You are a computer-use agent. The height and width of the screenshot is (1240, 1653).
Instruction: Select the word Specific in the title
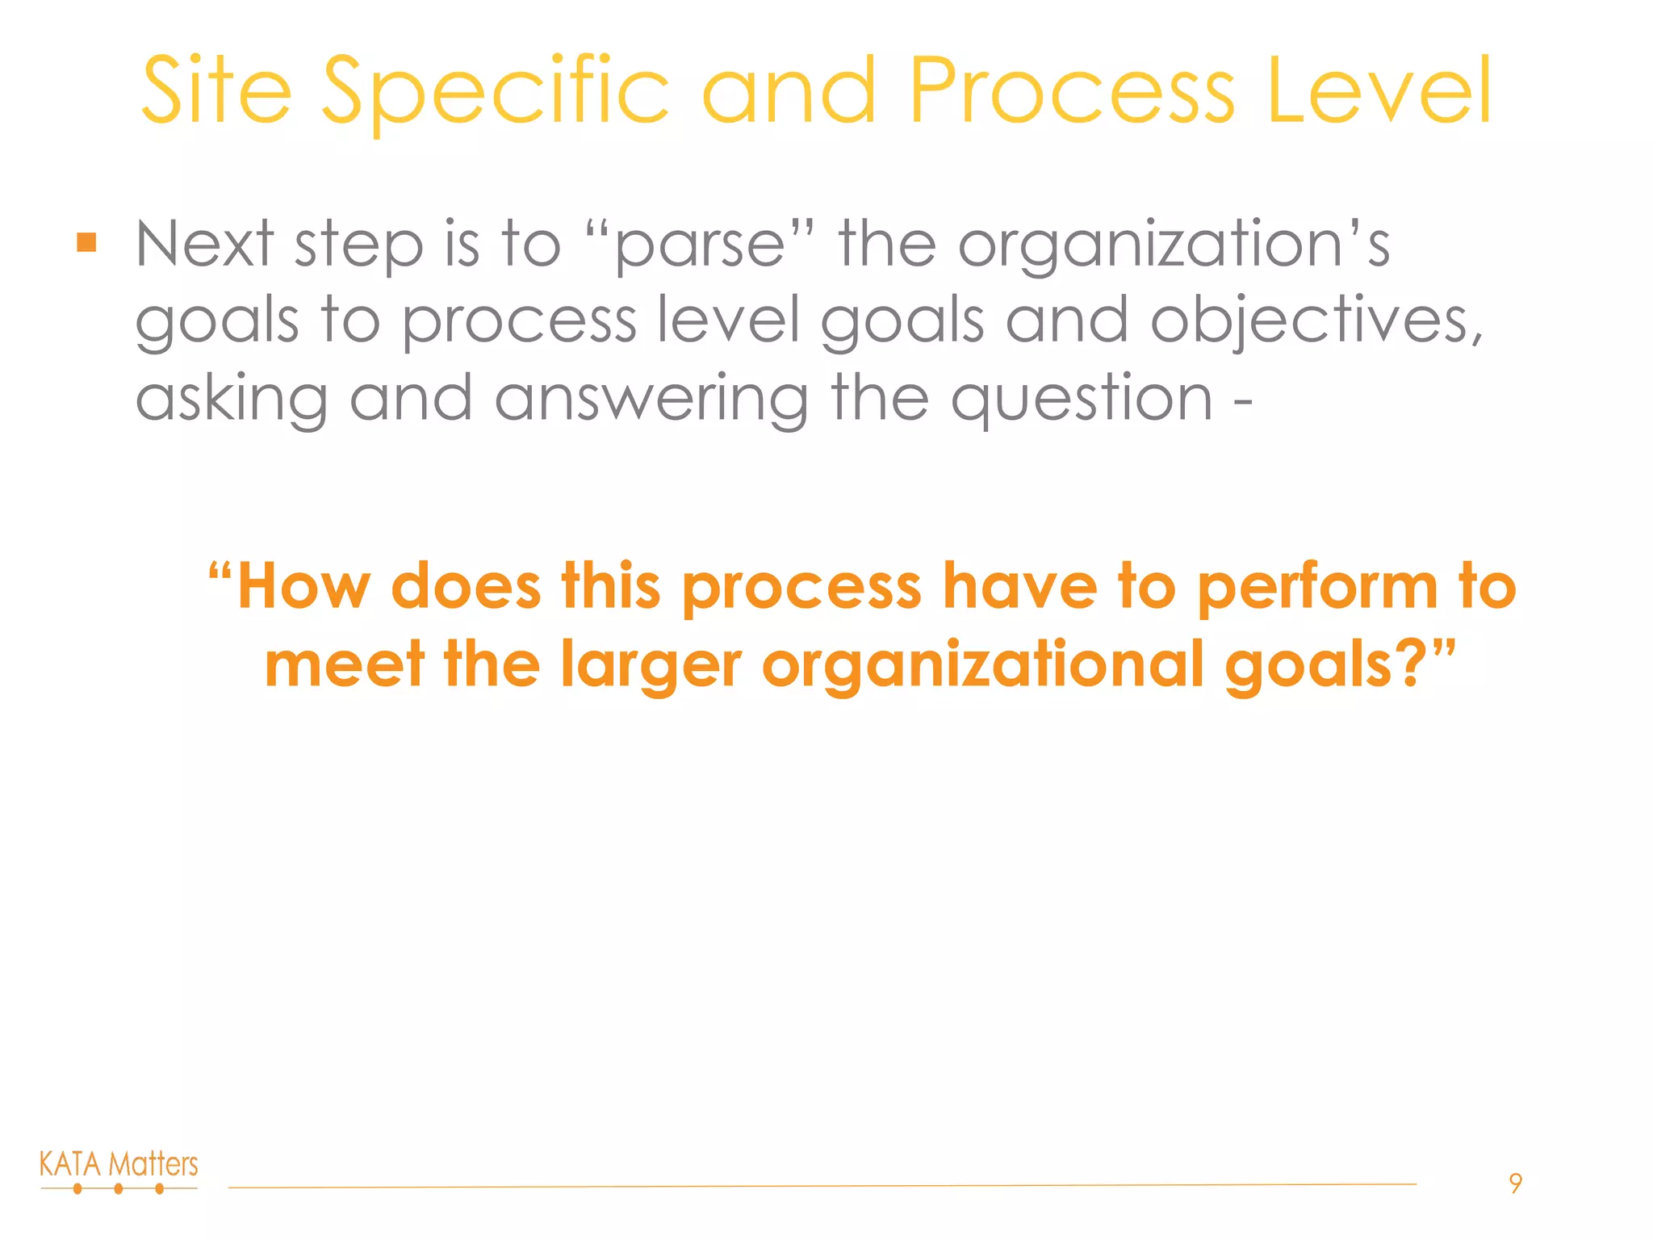pos(496,92)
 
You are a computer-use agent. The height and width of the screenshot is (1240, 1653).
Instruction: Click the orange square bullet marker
pos(87,242)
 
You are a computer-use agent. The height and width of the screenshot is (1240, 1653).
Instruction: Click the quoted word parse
pos(699,245)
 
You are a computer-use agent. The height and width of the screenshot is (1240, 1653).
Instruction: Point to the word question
pos(1082,400)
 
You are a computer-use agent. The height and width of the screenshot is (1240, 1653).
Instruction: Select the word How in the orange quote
pos(303,587)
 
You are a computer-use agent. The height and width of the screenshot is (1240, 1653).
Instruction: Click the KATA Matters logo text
pos(119,1164)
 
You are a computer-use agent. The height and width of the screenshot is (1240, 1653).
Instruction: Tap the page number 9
pos(1515,1183)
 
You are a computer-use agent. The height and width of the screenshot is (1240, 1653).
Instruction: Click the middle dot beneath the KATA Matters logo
pos(119,1188)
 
